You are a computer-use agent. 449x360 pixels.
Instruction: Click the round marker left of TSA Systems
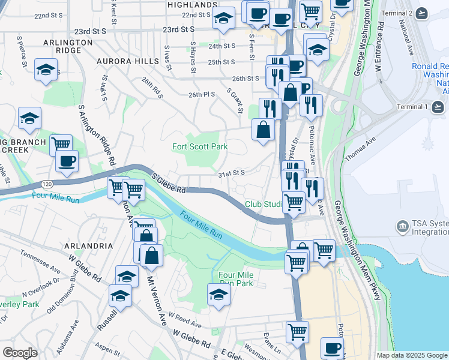tap(402, 227)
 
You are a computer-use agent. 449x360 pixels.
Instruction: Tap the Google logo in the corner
tap(20, 353)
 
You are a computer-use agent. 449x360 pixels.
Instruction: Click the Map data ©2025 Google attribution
tap(412, 355)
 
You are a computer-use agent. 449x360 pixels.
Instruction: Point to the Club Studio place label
tap(264, 205)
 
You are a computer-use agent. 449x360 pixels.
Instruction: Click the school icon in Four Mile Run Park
tap(218, 294)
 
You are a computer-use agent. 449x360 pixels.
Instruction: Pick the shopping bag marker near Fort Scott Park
tap(263, 129)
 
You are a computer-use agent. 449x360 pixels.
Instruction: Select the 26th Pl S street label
tap(201, 95)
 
